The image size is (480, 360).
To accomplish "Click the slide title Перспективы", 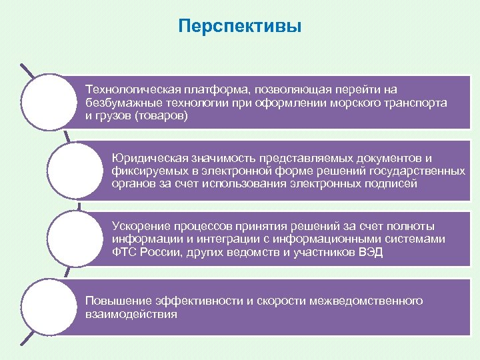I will (x=241, y=27).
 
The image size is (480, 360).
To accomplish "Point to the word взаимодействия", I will (x=131, y=314).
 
